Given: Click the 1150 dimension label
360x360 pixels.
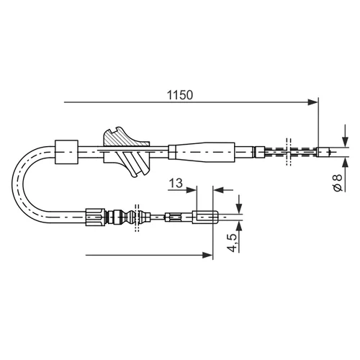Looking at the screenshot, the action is click(x=180, y=95).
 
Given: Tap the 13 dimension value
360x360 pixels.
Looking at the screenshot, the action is click(x=176, y=183).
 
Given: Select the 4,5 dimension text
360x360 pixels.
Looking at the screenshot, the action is click(x=232, y=243).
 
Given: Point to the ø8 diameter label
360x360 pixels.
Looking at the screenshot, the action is click(x=338, y=183).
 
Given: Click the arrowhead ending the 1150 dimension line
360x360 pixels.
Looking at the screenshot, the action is click(x=312, y=102).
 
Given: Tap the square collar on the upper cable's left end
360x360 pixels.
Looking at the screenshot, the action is click(x=66, y=152).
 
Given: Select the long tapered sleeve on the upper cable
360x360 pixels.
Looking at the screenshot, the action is click(x=202, y=152).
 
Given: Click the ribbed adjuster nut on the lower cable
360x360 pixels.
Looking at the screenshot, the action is click(x=95, y=217).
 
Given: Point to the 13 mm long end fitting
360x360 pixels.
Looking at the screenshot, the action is click(x=205, y=217).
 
